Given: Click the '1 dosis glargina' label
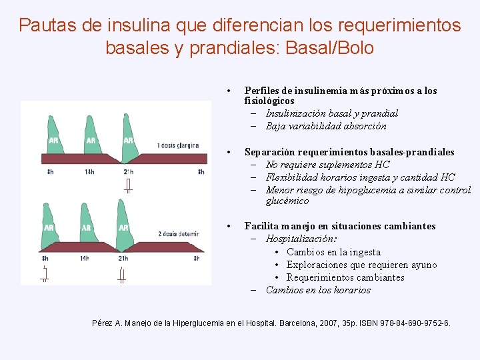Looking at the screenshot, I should tap(178, 145).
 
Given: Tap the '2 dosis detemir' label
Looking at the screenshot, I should tap(179, 234).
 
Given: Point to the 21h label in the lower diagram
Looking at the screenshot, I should tap(123, 258).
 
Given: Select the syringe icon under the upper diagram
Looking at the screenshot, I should tap(128, 185).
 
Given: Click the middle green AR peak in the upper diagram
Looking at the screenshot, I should tap(91, 133).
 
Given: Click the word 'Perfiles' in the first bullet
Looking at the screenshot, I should tap(262, 91).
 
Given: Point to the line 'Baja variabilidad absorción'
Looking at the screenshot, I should tap(326, 126).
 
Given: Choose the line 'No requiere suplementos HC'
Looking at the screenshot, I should tap(327, 165).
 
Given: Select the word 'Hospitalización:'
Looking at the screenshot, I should tap(301, 239).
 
